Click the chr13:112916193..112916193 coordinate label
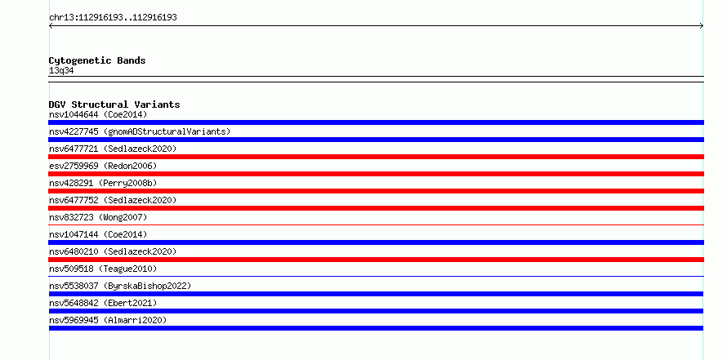[x=113, y=18]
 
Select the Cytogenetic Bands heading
[x=97, y=60]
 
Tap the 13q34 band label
[x=61, y=71]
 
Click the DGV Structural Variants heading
[x=114, y=104]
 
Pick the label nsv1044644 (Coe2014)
[x=98, y=114]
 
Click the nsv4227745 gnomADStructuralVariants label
[x=140, y=131]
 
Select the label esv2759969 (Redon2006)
[x=103, y=166]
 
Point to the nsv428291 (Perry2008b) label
[x=103, y=183]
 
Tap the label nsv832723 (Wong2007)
[x=98, y=217]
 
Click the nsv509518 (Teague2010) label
[x=103, y=269]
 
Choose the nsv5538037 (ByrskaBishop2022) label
[x=120, y=286]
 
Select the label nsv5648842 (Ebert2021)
[x=103, y=303]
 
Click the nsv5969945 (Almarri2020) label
[x=108, y=320]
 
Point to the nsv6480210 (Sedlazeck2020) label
[x=113, y=251]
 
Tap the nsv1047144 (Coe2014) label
[x=98, y=234]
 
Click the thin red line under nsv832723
[x=376, y=225]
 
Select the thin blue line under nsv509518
[x=376, y=277]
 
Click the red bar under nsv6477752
[x=376, y=208]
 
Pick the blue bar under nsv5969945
[x=376, y=328]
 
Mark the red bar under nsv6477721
[x=376, y=157]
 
